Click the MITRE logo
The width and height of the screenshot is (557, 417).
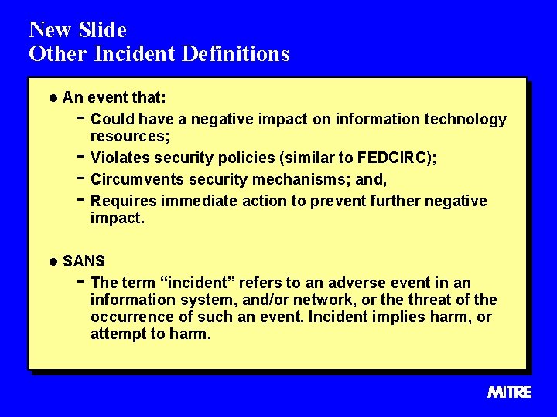point(510,392)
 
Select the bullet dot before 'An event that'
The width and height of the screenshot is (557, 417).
point(52,98)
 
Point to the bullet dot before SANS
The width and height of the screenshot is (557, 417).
point(52,262)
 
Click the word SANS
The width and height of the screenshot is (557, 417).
point(84,261)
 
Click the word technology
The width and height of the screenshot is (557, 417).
point(466,119)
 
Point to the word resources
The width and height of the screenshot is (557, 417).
point(128,137)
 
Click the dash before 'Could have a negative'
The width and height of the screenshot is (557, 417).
point(81,119)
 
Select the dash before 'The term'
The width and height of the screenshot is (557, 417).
point(81,283)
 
